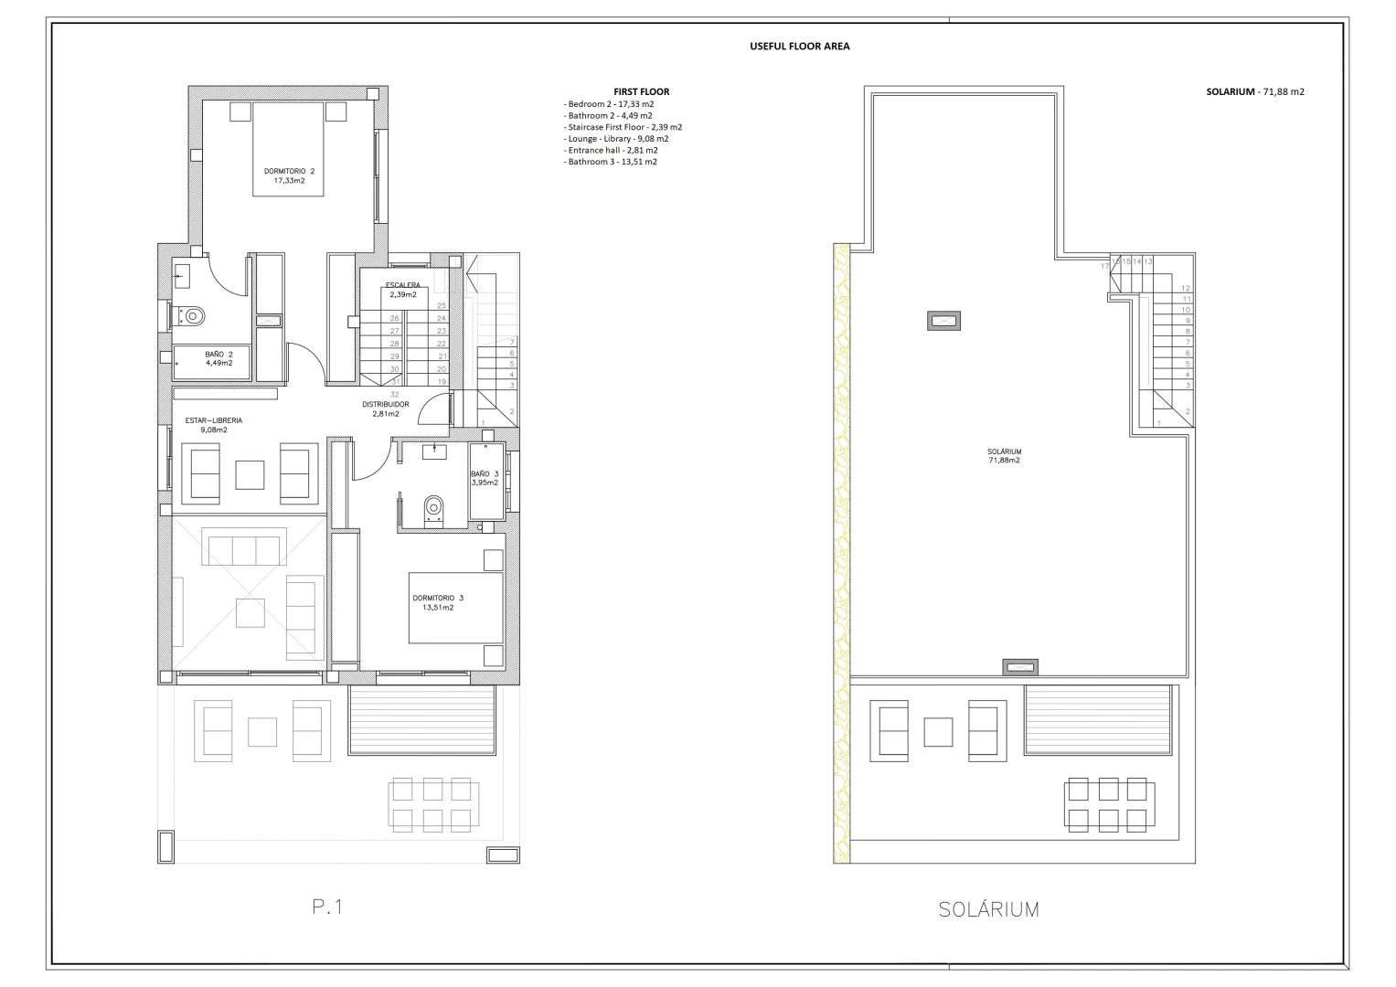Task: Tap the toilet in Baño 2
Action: click(x=191, y=316)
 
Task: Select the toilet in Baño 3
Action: click(x=434, y=507)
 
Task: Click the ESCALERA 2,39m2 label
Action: click(x=402, y=290)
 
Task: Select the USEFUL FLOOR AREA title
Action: click(x=799, y=46)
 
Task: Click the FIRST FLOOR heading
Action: click(x=641, y=91)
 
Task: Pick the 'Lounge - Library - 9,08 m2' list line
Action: click(x=616, y=139)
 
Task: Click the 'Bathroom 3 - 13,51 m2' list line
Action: click(x=611, y=162)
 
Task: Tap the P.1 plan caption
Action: click(x=327, y=907)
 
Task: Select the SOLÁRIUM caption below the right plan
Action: click(x=988, y=909)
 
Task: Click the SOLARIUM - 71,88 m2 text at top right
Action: click(x=1254, y=91)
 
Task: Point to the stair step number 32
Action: click(x=394, y=395)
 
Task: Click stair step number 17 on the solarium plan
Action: click(x=1104, y=266)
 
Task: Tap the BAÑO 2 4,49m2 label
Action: click(x=218, y=358)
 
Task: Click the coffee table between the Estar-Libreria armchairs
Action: click(x=250, y=474)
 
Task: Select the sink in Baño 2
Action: click(x=182, y=273)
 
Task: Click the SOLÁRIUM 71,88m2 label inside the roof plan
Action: click(x=1004, y=456)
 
